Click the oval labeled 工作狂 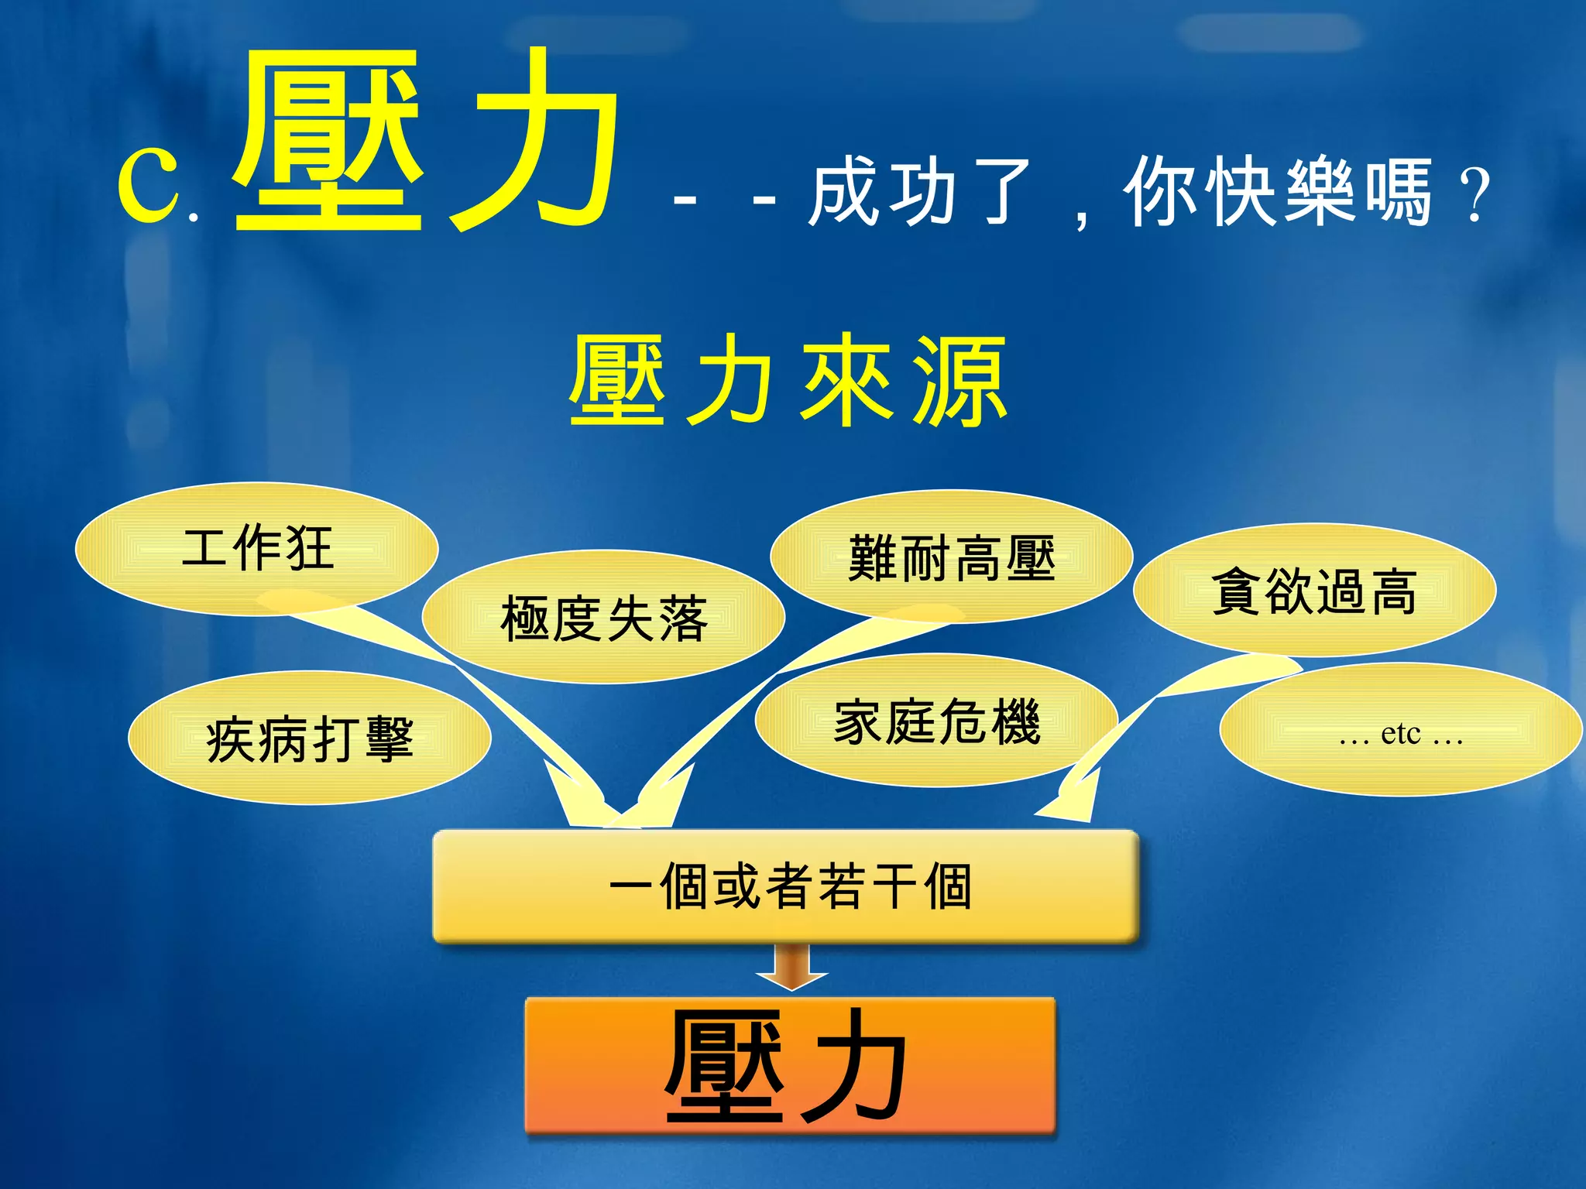[x=256, y=548]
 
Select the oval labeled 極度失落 [x=603, y=617]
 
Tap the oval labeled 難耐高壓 [x=951, y=557]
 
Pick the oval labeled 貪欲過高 [x=1314, y=590]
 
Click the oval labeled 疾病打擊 [x=309, y=738]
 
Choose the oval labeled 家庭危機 [x=936, y=721]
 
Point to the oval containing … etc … [x=1400, y=730]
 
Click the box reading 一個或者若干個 [x=785, y=886]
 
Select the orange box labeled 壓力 [x=790, y=1065]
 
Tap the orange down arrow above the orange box [x=791, y=968]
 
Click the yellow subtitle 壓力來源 [x=788, y=381]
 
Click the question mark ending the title [x=1474, y=195]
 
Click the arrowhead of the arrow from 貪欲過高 [x=1073, y=801]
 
